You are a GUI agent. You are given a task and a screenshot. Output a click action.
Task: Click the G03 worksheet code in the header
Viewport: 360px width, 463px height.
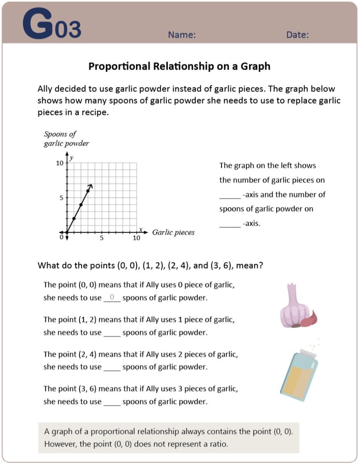[52, 25]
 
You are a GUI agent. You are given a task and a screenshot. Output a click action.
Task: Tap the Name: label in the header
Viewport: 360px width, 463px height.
[182, 35]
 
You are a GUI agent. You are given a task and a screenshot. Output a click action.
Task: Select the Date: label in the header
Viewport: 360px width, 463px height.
[298, 35]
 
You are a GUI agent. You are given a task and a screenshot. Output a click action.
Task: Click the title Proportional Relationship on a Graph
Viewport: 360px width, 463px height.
[179, 66]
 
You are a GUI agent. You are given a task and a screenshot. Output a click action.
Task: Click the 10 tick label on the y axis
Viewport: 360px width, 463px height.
[60, 163]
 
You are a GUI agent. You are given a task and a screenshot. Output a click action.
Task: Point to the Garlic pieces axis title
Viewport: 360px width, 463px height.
[173, 233]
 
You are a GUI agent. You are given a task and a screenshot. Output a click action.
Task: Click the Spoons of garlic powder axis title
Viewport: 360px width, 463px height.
[66, 139]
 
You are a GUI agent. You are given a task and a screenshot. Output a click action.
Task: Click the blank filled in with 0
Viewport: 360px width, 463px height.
[112, 298]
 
